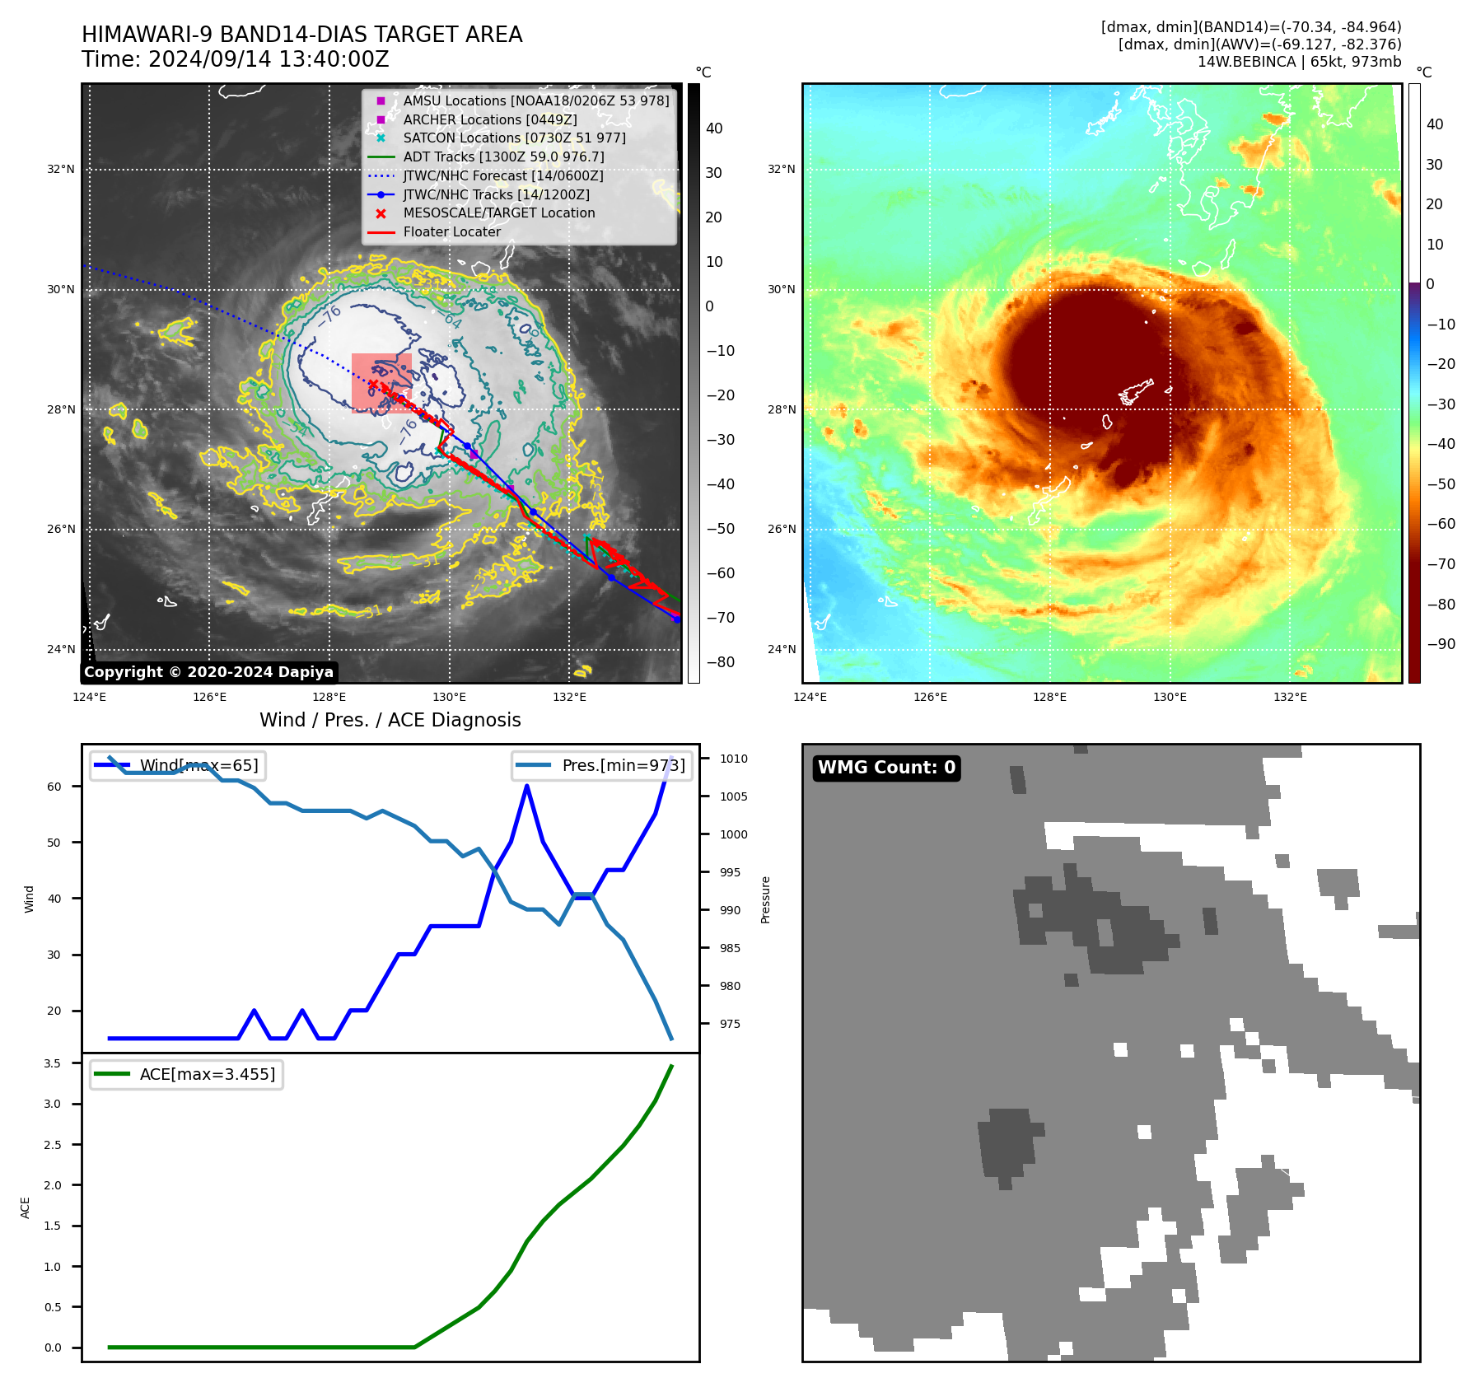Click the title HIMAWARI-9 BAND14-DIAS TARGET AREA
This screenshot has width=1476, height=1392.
point(301,35)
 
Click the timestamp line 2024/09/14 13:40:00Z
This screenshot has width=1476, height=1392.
point(235,59)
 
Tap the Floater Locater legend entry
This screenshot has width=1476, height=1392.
point(451,231)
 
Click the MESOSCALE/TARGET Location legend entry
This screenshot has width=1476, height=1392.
point(498,213)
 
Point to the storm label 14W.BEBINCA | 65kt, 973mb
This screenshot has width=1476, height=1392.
point(1299,62)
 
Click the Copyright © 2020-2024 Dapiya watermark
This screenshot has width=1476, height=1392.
point(208,672)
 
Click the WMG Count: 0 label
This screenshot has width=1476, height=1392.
point(886,768)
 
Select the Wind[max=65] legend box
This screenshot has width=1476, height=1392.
point(177,765)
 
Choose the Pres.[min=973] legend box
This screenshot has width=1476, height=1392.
point(601,765)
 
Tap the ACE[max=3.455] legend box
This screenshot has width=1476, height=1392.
point(186,1074)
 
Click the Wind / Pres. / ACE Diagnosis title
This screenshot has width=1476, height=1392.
point(390,720)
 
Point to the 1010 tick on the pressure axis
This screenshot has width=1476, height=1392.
point(733,759)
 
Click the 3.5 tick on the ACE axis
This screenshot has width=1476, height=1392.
point(53,1063)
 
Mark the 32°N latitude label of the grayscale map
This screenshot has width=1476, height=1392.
point(60,169)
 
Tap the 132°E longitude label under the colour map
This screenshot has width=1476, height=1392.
point(1290,697)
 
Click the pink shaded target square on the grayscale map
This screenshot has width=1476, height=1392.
point(381,383)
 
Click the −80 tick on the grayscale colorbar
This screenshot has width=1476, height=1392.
point(720,662)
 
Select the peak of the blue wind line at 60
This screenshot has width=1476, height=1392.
point(527,786)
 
